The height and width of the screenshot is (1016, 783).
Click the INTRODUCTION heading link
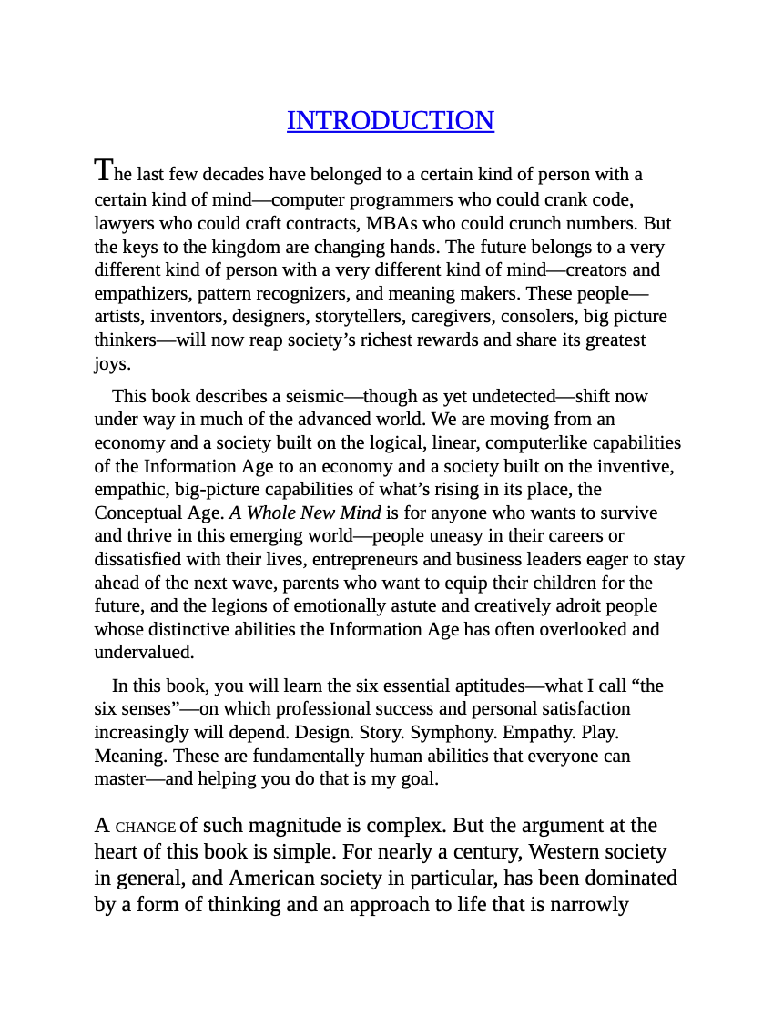point(391,120)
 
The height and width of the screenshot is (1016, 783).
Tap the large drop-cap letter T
point(105,170)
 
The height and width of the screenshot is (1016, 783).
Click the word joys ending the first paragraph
point(111,363)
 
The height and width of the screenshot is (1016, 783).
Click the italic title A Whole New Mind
point(305,513)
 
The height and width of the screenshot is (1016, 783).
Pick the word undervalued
point(143,652)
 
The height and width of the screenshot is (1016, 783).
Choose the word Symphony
point(446,732)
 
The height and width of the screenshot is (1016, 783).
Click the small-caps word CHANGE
point(145,827)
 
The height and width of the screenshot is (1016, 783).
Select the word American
point(272,878)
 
